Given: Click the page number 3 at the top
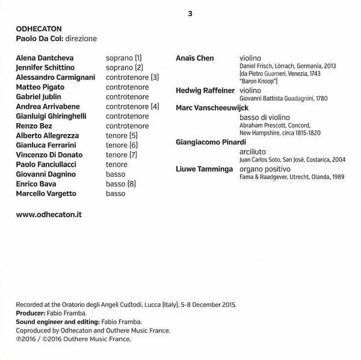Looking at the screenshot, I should click(x=190, y=14).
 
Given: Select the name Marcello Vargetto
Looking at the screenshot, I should click(x=46, y=194).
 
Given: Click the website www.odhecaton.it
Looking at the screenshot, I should click(x=48, y=213).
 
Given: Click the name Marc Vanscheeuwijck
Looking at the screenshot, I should click(x=212, y=108).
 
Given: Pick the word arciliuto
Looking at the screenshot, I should click(x=253, y=151).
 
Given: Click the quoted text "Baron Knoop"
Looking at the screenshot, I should click(x=258, y=80).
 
